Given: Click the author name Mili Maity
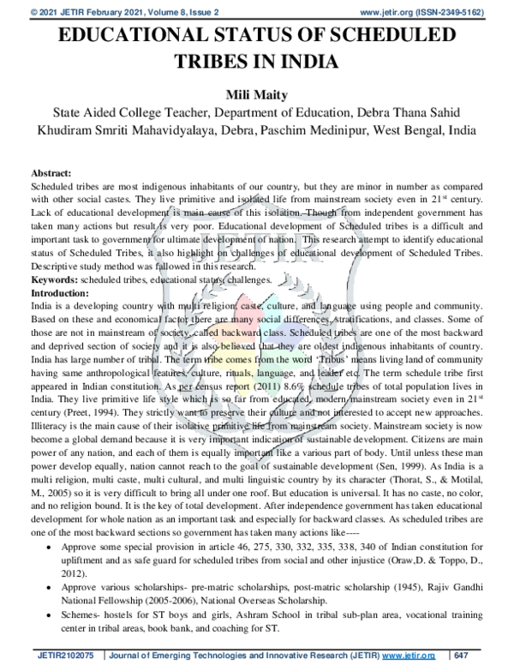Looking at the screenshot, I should [x=256, y=93].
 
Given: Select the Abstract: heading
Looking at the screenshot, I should [x=53, y=172].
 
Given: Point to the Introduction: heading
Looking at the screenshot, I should [x=61, y=292].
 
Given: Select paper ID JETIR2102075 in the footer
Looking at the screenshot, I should [x=65, y=655].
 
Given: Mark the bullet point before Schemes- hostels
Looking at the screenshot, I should [x=57, y=615].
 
